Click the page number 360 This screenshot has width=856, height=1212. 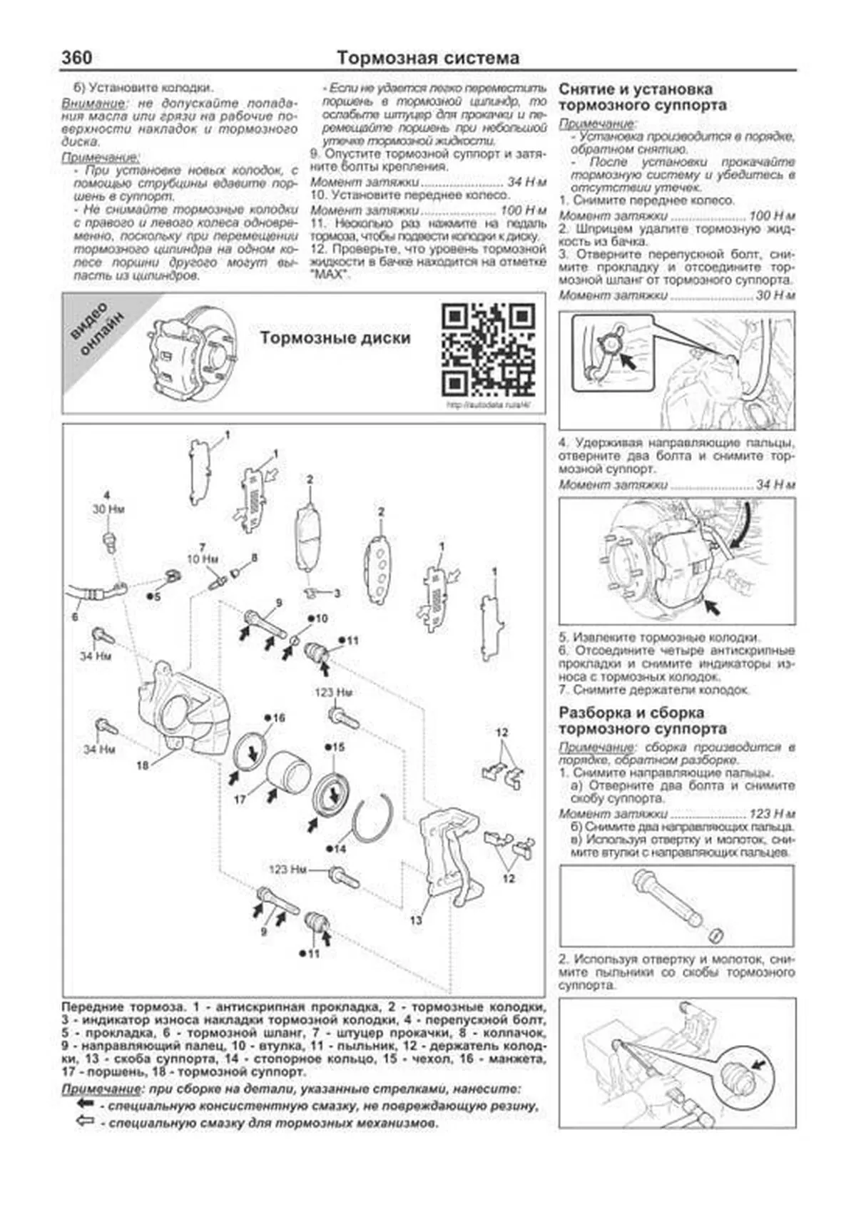(x=76, y=57)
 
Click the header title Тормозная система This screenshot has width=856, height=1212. (x=427, y=58)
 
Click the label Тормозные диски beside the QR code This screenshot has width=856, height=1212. (x=335, y=337)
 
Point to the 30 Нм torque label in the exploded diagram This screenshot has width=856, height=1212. (x=108, y=509)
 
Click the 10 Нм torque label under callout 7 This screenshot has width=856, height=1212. (x=203, y=559)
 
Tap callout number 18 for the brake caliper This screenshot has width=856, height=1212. (x=143, y=765)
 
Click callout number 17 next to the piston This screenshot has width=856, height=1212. (x=240, y=799)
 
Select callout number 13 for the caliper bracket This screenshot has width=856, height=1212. (x=416, y=920)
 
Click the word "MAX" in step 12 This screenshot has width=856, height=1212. (x=332, y=275)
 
